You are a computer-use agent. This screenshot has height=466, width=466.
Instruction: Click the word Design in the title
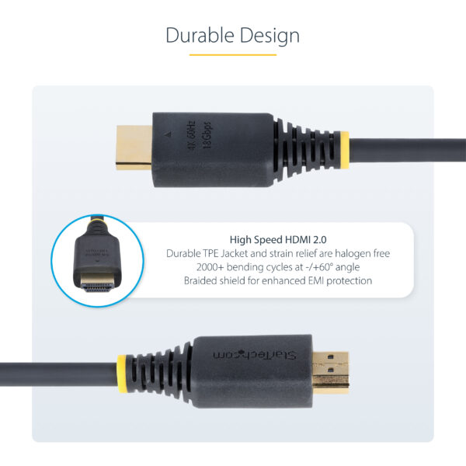click(270, 36)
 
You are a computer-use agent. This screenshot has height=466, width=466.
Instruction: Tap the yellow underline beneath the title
click(233, 55)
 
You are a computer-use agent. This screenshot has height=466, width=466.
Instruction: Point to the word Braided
click(201, 280)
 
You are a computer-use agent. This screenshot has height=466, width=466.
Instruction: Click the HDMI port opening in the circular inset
click(97, 287)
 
